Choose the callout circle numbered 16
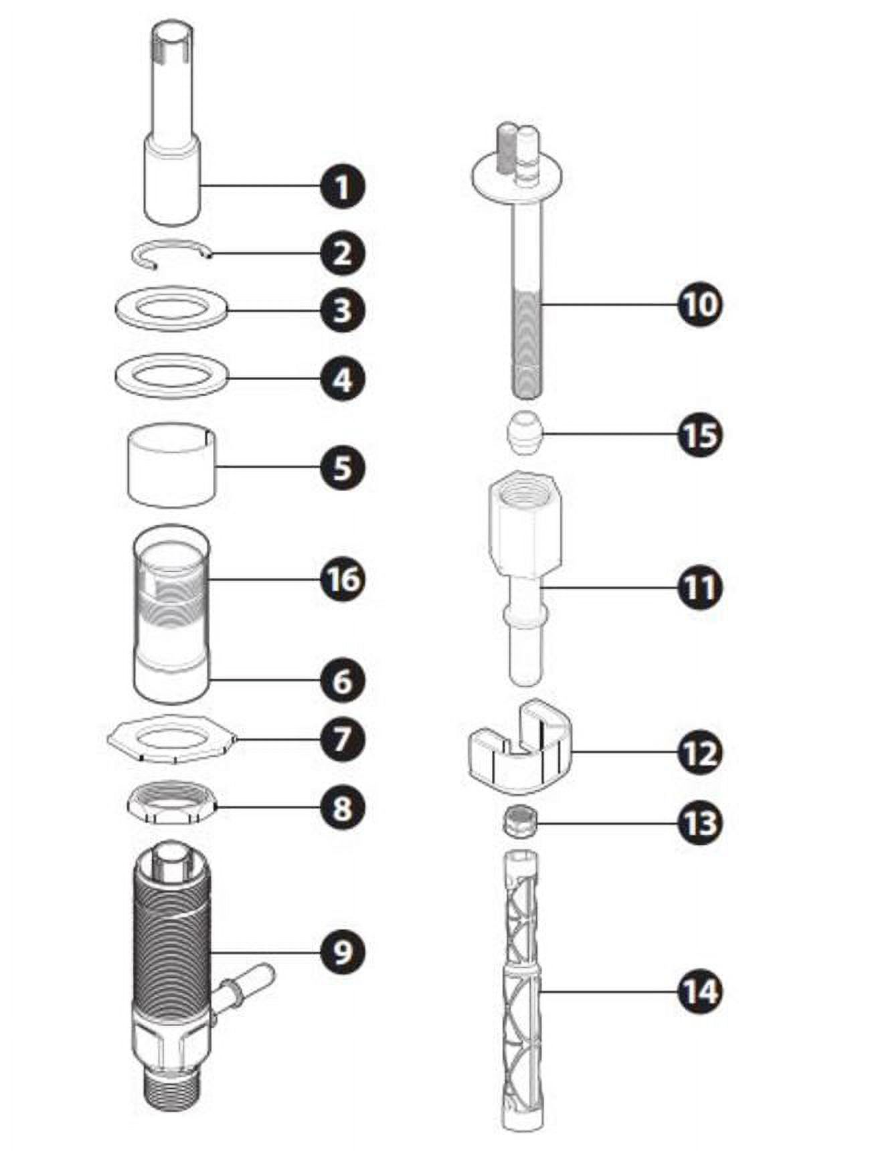pos(343,580)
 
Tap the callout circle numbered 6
pos(342,681)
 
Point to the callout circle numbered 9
pos(342,951)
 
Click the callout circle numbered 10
pos(700,304)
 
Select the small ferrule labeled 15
pos(524,434)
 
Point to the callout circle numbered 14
pos(700,991)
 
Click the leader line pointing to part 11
pos(609,588)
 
